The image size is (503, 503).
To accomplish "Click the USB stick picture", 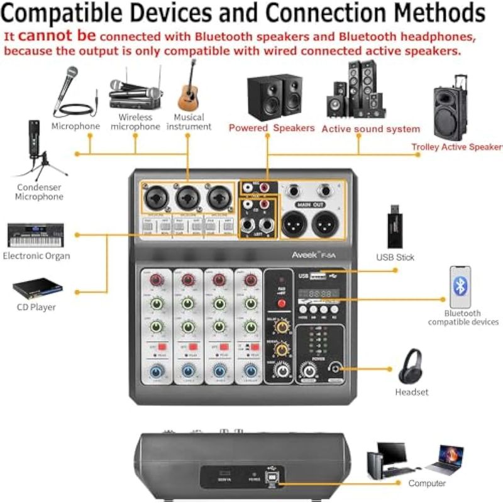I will click(x=395, y=226).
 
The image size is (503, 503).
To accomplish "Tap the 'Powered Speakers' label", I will click(x=272, y=128).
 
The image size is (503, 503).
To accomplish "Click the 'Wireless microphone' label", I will click(x=135, y=122).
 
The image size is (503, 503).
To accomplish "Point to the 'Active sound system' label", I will click(x=371, y=129).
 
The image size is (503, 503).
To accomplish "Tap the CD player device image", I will click(x=38, y=288).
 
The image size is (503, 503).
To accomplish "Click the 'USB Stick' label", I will click(x=395, y=257).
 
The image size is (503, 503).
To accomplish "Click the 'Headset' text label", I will click(x=412, y=392).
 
